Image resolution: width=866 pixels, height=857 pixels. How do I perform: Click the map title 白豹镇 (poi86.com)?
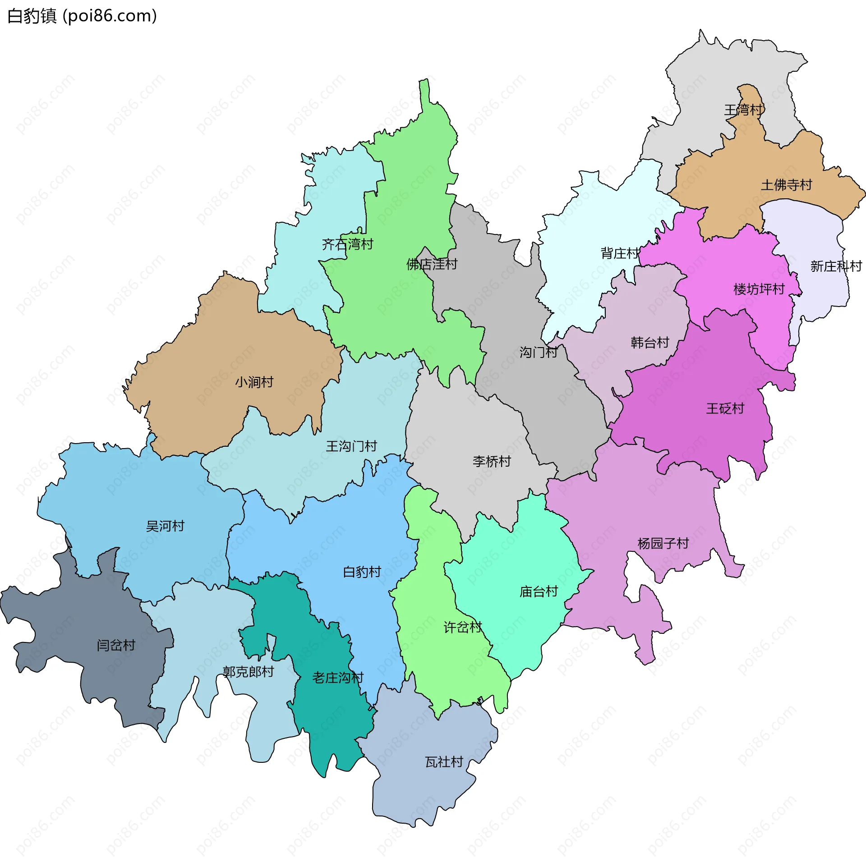pos(82,16)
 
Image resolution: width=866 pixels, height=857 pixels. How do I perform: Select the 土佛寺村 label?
pos(787,185)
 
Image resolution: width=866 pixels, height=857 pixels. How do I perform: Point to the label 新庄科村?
pos(836,266)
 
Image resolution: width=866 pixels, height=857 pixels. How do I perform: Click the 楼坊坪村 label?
pos(759,289)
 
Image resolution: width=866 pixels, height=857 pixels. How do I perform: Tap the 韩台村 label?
pos(649,343)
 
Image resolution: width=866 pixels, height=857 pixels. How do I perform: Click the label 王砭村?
pos(725,408)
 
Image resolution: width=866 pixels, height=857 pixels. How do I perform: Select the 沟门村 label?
pos(539,352)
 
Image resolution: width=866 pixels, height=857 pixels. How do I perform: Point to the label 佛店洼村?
pos(432,264)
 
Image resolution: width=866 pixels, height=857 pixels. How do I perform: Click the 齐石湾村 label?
pos(347,244)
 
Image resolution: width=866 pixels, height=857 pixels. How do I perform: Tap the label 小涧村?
pos(254,382)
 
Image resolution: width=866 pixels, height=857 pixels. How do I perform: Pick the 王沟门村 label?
pos(351,446)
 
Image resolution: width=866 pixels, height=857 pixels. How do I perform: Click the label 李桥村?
pos(492,461)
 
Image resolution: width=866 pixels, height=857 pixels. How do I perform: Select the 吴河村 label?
pos(165,526)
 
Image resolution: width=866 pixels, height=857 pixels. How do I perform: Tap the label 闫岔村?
pos(116,645)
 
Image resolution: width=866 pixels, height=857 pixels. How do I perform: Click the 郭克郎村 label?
pos(248,672)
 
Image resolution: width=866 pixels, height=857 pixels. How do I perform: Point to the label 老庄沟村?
pos(338,678)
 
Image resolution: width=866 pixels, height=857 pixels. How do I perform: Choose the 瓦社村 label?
pos(444,762)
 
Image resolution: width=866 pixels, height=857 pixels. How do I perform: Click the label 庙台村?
pos(539,591)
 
